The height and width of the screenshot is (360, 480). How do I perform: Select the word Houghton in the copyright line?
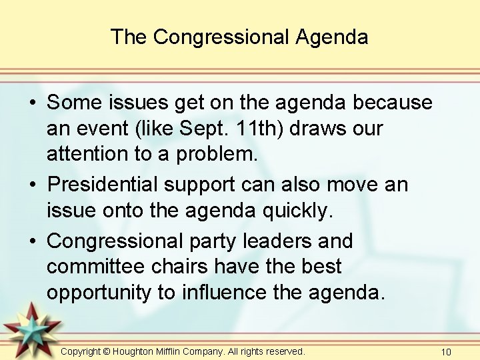137,351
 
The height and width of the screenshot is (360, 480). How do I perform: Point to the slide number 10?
446,351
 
